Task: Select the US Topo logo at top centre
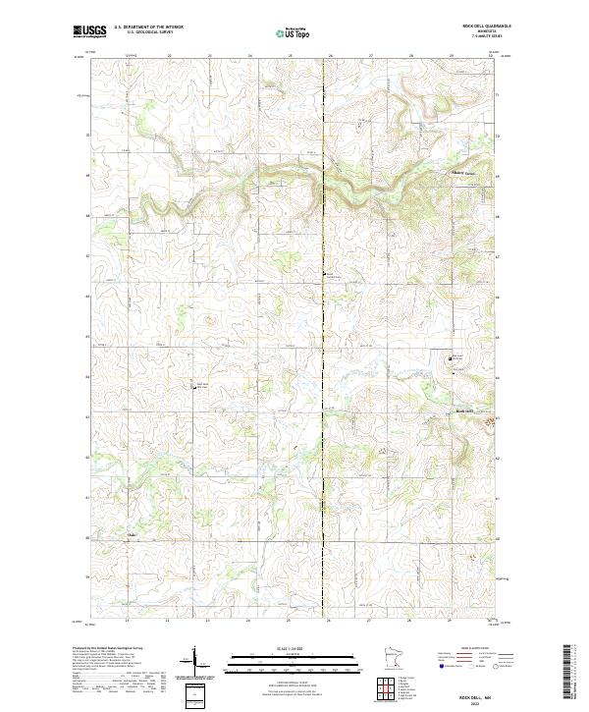click(294, 32)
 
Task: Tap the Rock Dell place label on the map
click(464, 411)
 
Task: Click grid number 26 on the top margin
click(330, 56)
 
